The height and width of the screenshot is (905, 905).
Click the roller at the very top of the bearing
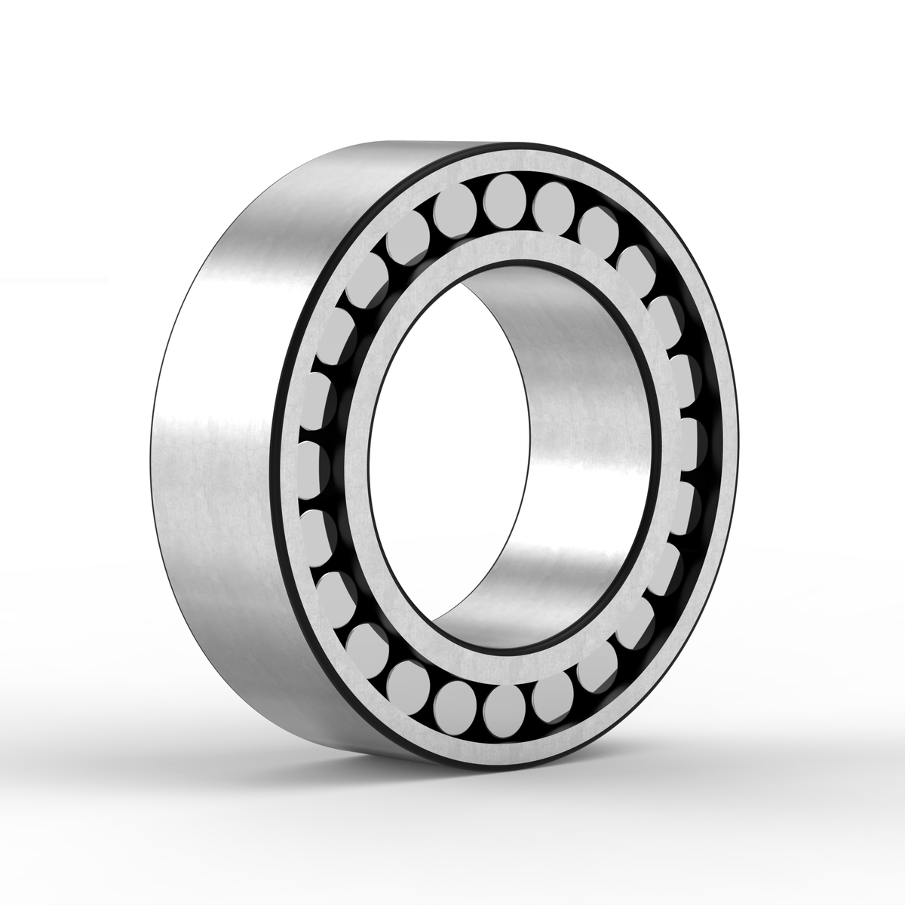506,198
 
